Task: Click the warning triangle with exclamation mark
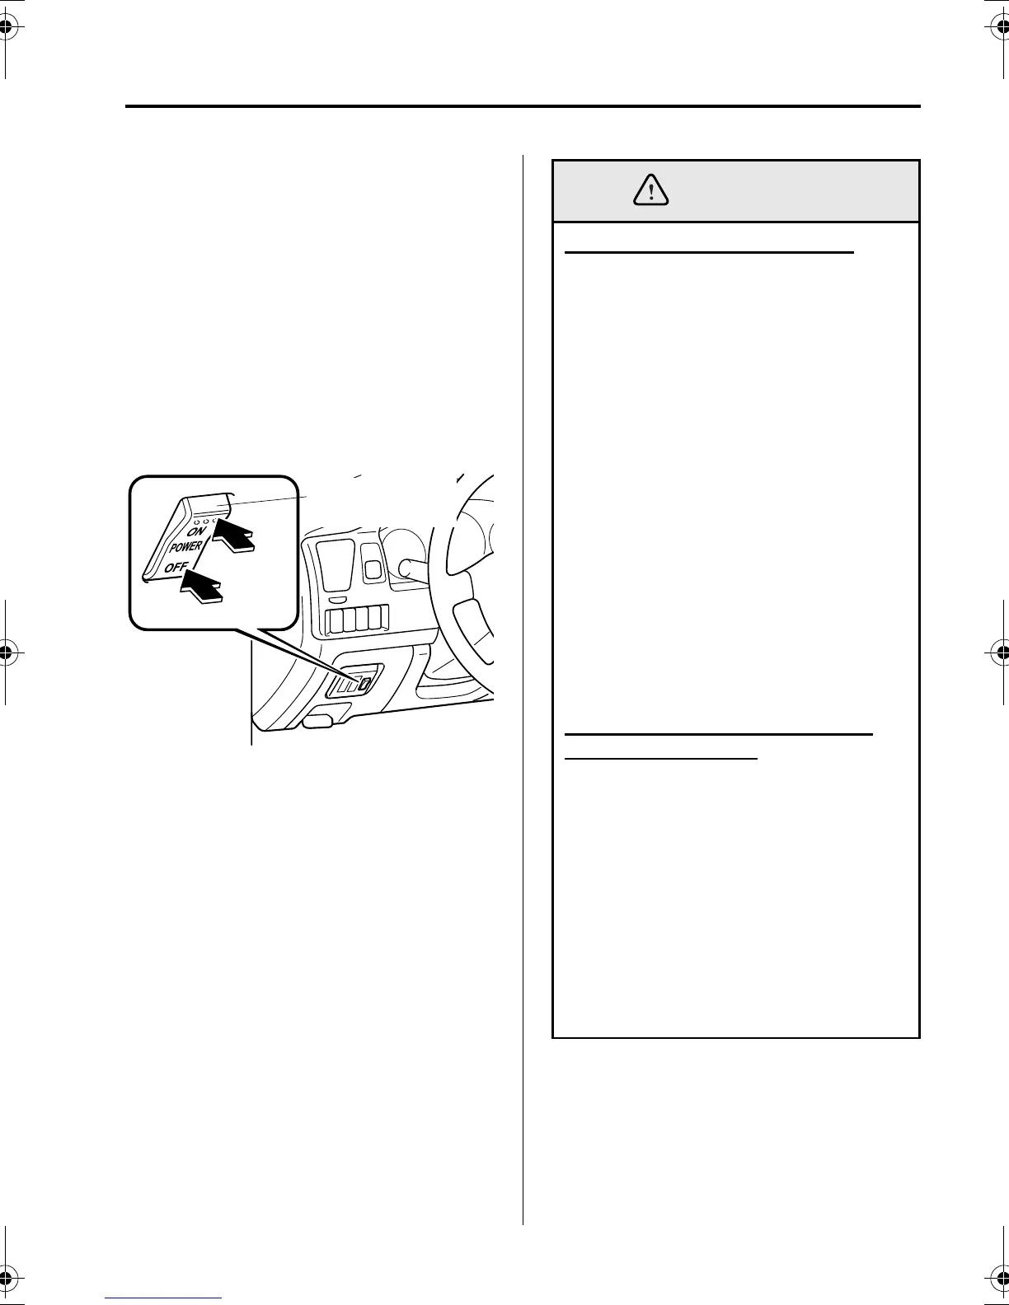coord(652,191)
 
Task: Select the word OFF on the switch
coord(175,567)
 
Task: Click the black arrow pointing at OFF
coord(201,587)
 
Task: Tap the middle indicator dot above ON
coord(206,522)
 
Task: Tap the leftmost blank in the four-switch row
coord(336,619)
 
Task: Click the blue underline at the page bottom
coord(164,1298)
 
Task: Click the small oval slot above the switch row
coord(337,600)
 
